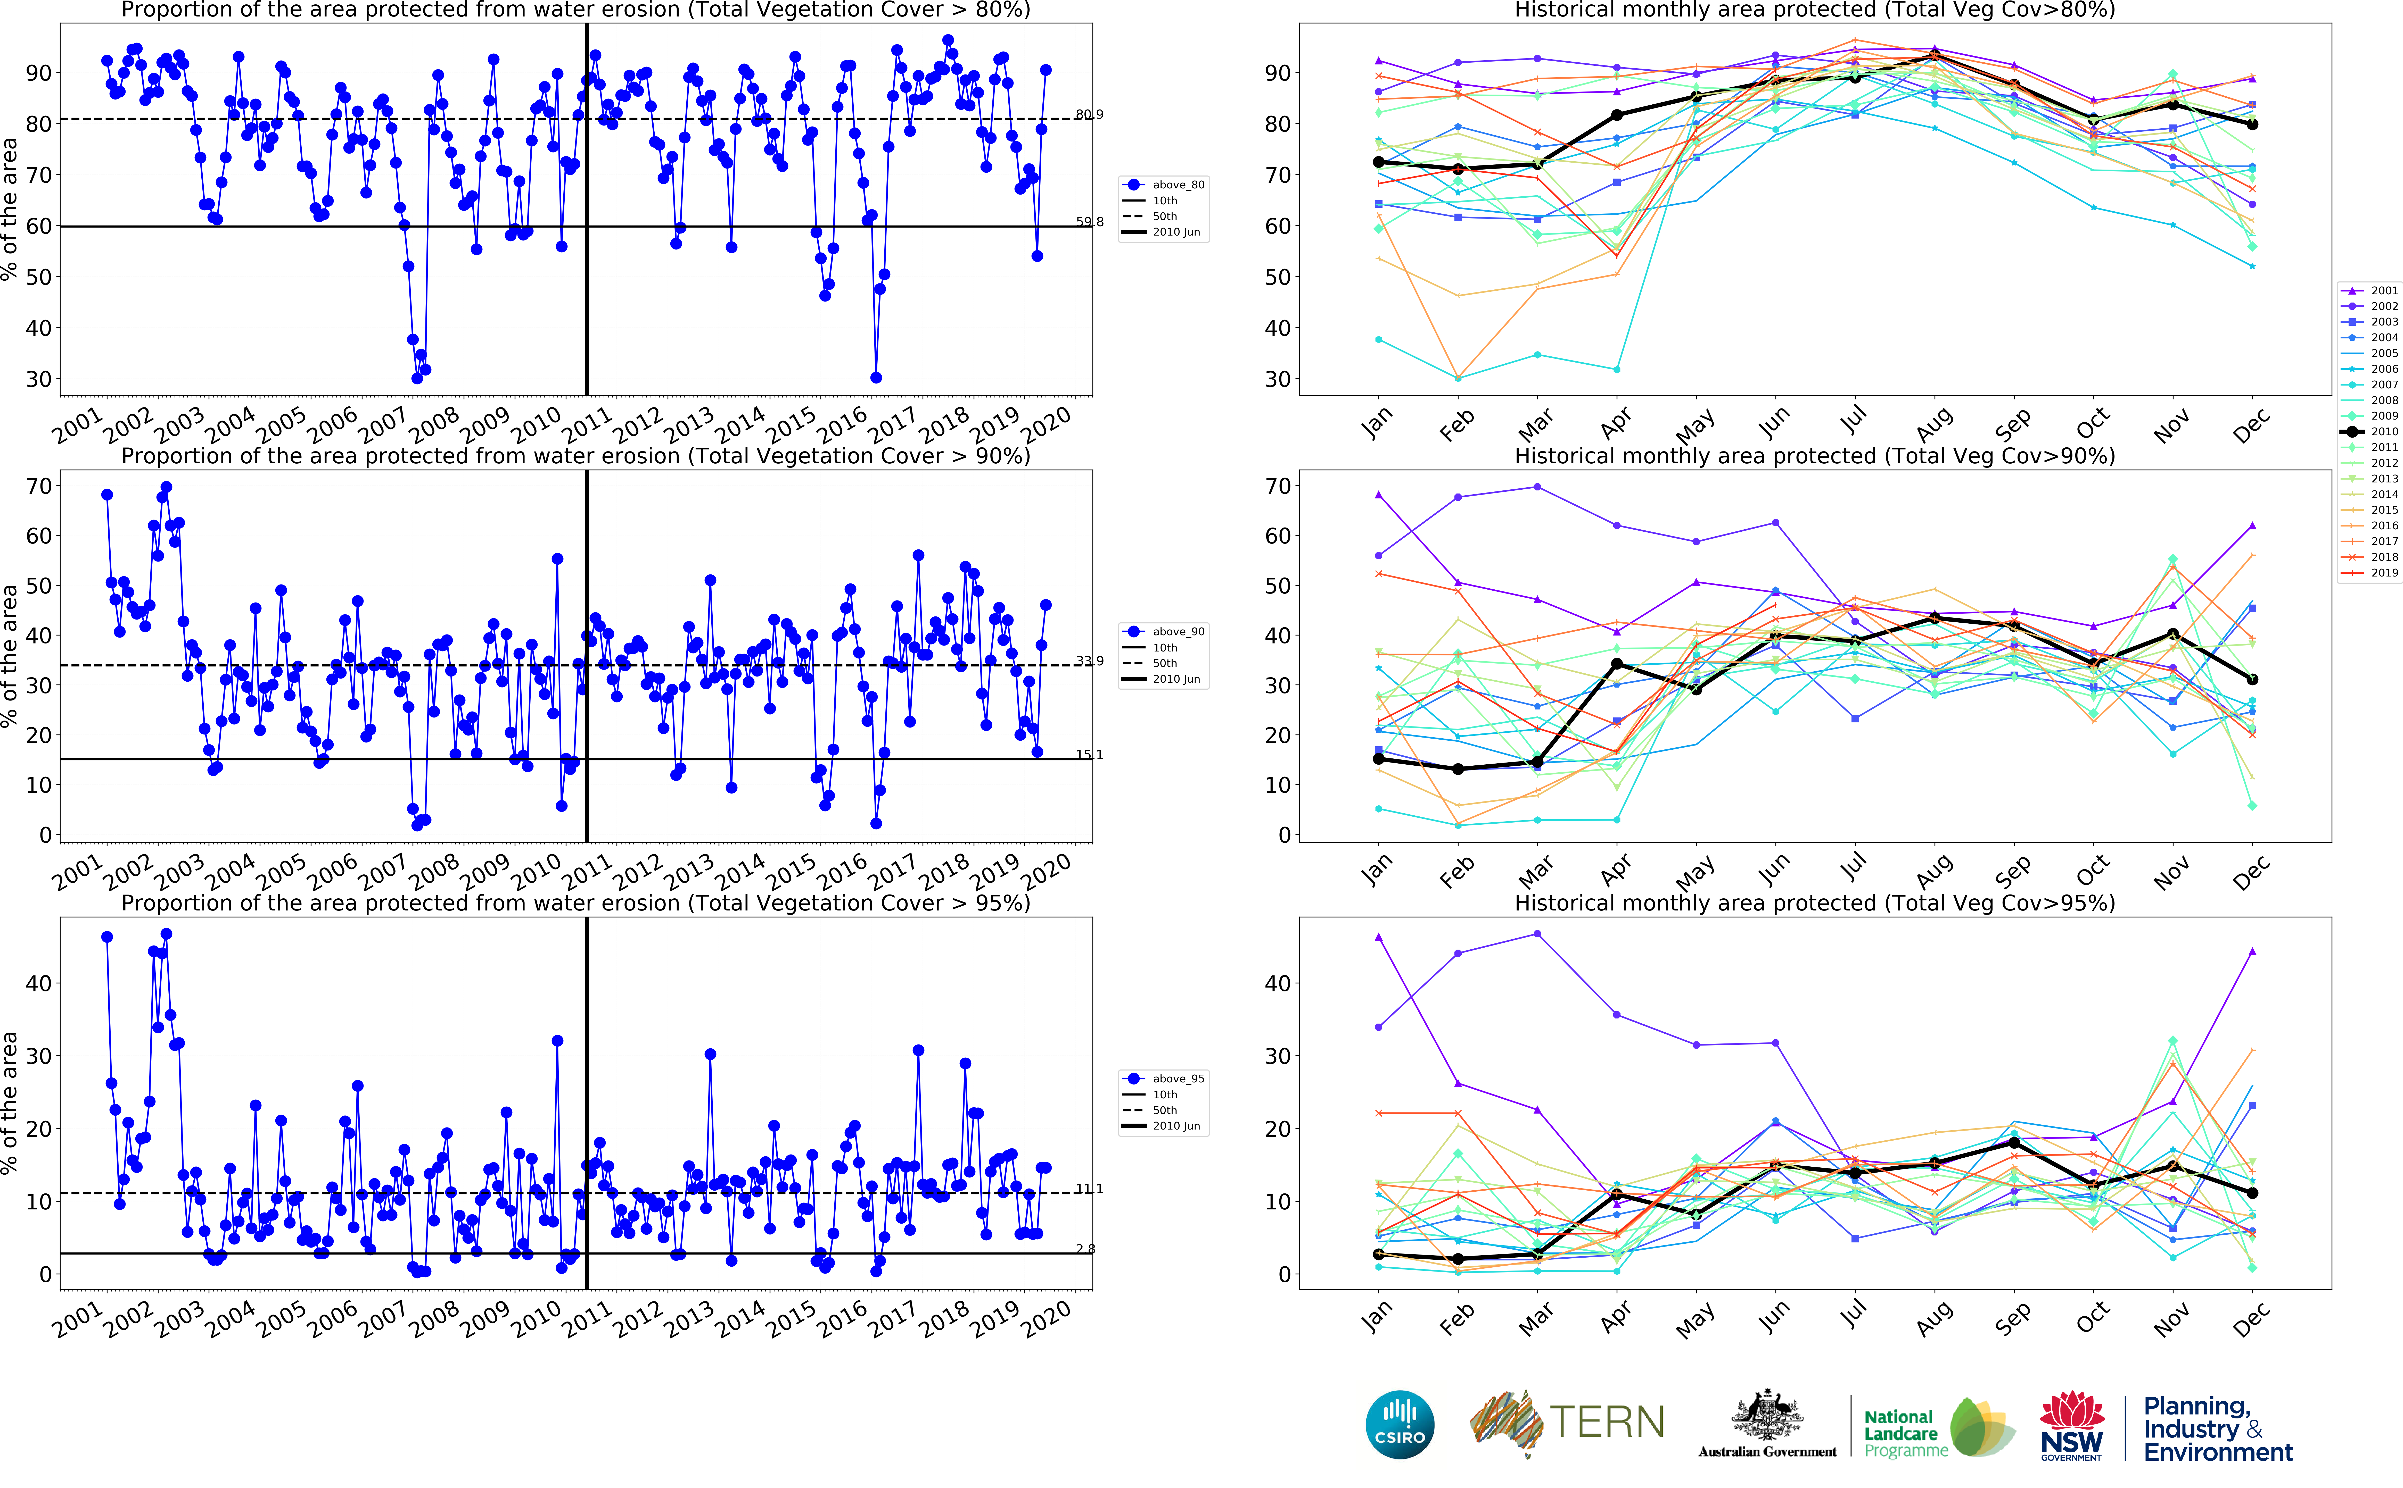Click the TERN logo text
click(x=1607, y=1422)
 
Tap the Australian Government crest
click(x=1767, y=1417)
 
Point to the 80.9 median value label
click(x=1089, y=115)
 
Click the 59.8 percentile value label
click(x=1089, y=222)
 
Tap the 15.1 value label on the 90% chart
click(x=1089, y=755)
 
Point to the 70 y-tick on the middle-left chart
click(x=39, y=486)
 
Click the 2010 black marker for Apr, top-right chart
click(x=1616, y=115)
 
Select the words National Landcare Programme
click(x=1905, y=1433)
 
